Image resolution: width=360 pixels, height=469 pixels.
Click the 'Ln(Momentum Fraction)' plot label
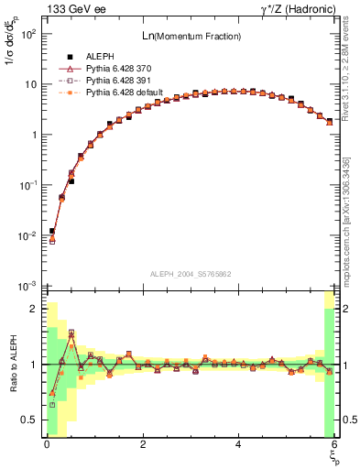click(x=189, y=36)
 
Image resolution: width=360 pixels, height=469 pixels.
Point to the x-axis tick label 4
click(x=238, y=444)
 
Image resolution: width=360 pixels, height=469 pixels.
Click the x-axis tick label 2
click(x=143, y=444)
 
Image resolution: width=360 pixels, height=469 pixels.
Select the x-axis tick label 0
click(x=47, y=444)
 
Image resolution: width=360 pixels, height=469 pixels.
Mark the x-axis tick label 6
click(x=334, y=444)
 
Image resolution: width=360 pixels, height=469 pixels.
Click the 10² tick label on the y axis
click(x=27, y=34)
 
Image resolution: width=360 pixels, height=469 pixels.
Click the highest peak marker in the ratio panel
click(x=71, y=333)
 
